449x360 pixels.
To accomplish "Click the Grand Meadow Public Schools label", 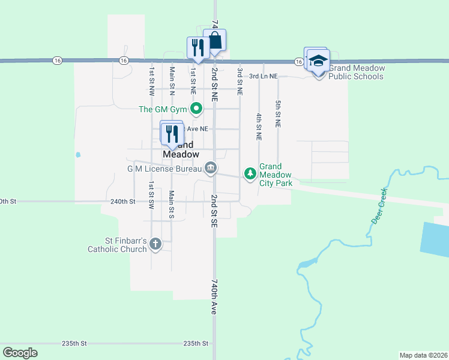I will (356, 72).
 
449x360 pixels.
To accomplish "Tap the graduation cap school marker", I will (318, 61).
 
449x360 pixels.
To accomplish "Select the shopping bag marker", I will (215, 41).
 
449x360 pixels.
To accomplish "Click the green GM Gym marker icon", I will (196, 109).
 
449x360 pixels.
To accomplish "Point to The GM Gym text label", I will (163, 109).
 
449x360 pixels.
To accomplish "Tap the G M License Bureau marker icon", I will (210, 168).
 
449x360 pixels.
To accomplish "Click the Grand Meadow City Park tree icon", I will (250, 173).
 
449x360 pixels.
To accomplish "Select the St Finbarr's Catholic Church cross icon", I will (155, 244).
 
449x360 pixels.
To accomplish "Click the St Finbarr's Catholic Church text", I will (117, 245).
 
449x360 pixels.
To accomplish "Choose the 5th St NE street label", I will (278, 113).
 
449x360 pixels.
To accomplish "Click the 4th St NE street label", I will (259, 126).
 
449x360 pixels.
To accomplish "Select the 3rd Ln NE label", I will (264, 76).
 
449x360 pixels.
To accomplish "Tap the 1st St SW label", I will (152, 195).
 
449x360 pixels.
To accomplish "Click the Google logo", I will (20, 353).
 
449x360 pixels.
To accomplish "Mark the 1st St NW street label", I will (152, 81).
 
